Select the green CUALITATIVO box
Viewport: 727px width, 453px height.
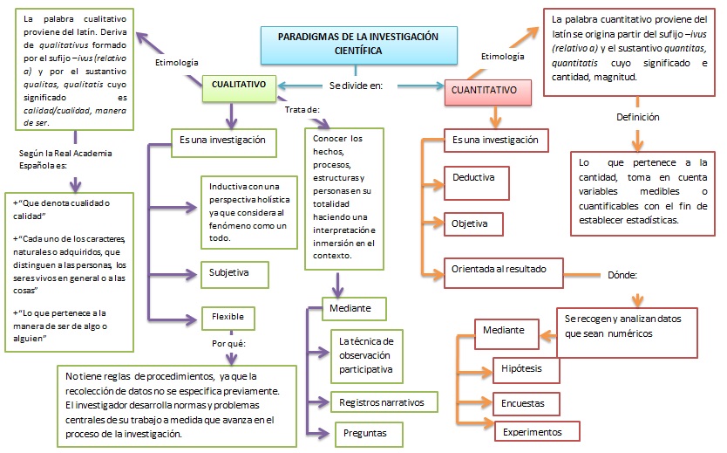point(239,85)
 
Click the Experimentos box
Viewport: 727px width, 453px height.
point(538,431)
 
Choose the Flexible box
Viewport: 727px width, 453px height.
point(228,317)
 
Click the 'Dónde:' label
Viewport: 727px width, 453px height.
point(622,274)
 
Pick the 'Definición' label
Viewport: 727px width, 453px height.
point(637,117)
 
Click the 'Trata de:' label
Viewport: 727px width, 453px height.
point(302,109)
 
